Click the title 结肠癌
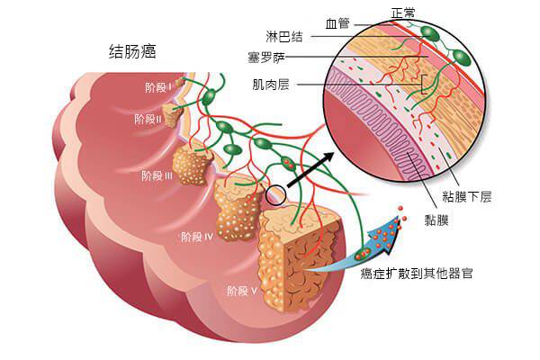click(132, 51)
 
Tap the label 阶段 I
click(158, 87)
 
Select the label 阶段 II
click(148, 119)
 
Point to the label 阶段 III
click(157, 175)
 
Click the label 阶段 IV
click(198, 237)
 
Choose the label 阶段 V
click(242, 291)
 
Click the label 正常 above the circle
click(403, 13)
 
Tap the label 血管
click(337, 24)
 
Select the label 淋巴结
click(284, 36)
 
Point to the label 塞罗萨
click(266, 58)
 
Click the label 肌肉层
click(271, 85)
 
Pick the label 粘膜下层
click(466, 197)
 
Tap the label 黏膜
click(436, 220)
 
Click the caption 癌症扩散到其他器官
click(417, 274)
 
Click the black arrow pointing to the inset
click(310, 170)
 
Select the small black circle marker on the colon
click(275, 195)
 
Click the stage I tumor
click(179, 83)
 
